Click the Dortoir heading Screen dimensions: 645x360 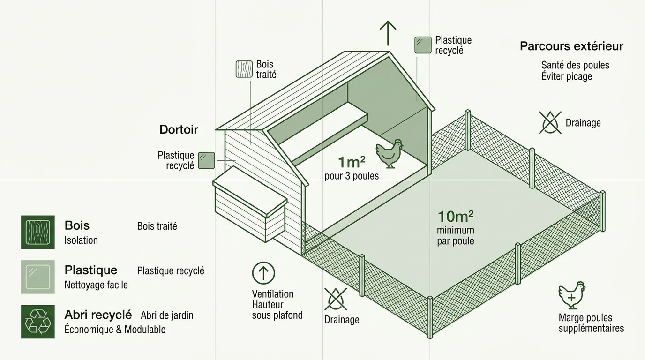click(x=179, y=129)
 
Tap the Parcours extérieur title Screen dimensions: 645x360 click(x=571, y=46)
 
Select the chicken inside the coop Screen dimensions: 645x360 click(x=390, y=153)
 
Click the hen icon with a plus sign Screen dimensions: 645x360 click(x=571, y=295)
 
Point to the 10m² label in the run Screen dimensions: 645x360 click(x=456, y=216)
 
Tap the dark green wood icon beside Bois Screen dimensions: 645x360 click(x=37, y=232)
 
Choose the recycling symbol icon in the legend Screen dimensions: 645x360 click(x=37, y=322)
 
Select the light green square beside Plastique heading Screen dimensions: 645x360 click(x=37, y=277)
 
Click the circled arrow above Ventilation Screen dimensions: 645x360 click(x=263, y=273)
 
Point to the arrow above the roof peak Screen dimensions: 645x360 click(x=388, y=33)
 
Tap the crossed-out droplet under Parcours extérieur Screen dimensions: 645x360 click(x=550, y=123)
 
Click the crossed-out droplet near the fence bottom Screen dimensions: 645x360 click(x=336, y=299)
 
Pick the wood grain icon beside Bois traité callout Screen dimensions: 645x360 click(x=244, y=69)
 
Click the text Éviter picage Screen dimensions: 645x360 click(x=567, y=76)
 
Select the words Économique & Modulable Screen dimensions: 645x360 click(x=115, y=330)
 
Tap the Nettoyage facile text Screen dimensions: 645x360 click(x=96, y=285)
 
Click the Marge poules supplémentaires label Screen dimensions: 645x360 click(x=591, y=323)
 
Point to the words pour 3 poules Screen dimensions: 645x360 click(x=352, y=176)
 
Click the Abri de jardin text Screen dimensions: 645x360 click(x=167, y=315)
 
